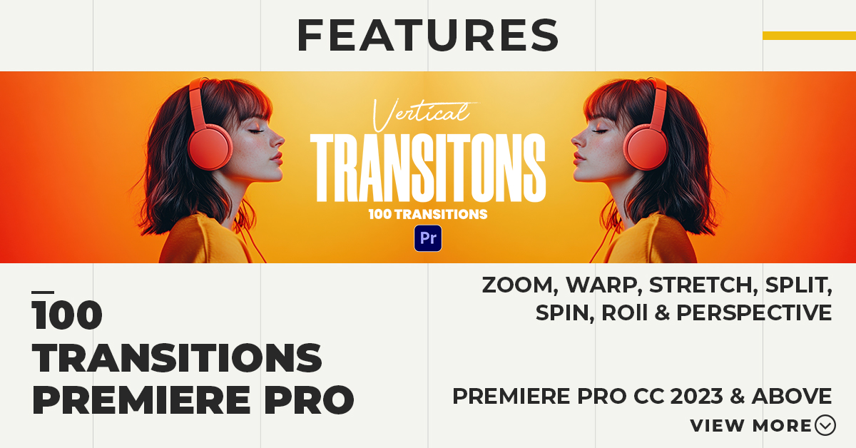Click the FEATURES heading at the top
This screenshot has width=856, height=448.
[x=427, y=35]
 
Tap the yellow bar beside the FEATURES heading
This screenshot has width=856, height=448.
[x=809, y=36]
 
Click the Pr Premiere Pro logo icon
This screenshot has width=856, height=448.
[x=428, y=238]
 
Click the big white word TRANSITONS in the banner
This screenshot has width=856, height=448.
[x=428, y=168]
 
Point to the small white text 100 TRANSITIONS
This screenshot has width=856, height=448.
[x=428, y=214]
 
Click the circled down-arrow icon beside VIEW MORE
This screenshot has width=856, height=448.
[x=825, y=425]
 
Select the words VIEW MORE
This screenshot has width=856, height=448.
[x=751, y=426]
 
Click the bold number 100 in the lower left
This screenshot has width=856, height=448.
[x=67, y=315]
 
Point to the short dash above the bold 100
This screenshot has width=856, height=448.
[x=43, y=292]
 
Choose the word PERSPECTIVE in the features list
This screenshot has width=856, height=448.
[x=754, y=312]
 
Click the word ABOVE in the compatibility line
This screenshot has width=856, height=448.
[x=792, y=396]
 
